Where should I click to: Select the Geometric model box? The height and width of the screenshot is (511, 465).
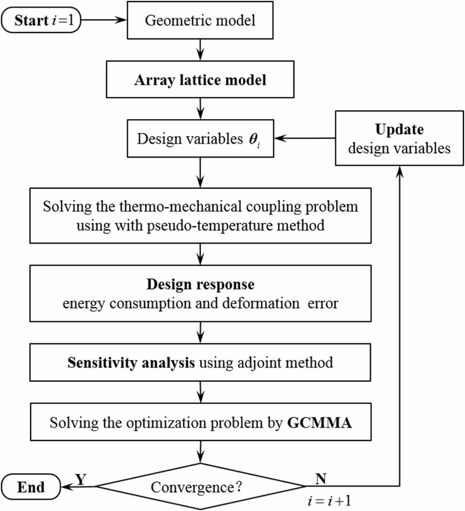(200, 20)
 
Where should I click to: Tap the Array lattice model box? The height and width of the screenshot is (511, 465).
(200, 80)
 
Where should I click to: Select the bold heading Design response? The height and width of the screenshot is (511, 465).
(200, 285)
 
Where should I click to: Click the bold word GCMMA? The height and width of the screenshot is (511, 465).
(320, 423)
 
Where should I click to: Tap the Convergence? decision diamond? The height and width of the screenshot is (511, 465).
(200, 487)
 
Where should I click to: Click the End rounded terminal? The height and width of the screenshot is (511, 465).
(31, 487)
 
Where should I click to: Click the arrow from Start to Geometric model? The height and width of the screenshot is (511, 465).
(107, 20)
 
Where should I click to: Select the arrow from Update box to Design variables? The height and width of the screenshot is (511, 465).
(304, 138)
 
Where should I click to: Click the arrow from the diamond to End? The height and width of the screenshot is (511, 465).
(79, 487)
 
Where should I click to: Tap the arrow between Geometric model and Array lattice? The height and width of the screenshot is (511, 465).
(200, 50)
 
